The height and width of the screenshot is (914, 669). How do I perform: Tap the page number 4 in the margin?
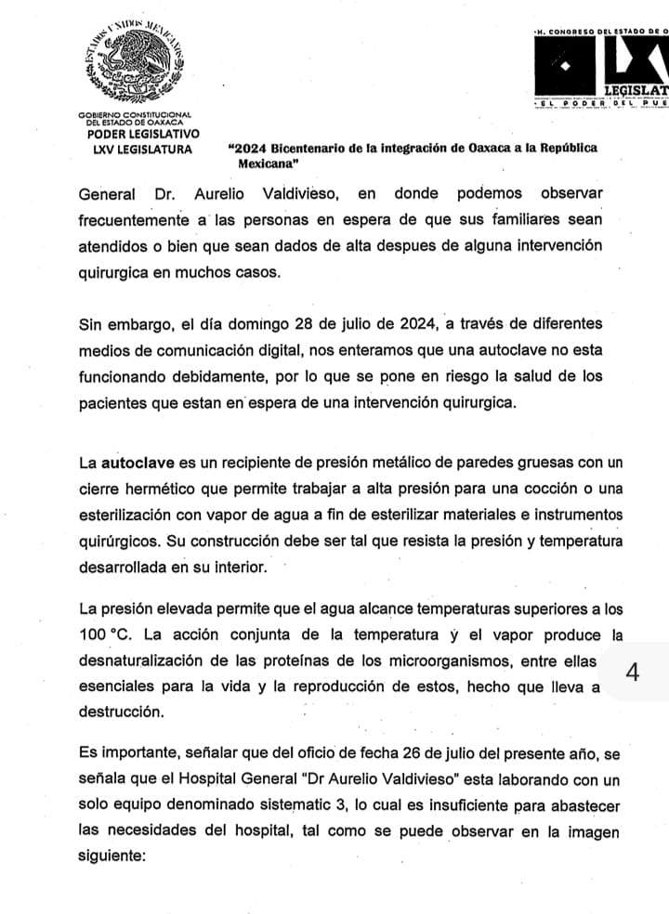click(633, 672)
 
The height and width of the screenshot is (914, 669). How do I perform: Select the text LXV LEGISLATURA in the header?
click(136, 149)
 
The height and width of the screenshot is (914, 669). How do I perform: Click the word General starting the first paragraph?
click(107, 194)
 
